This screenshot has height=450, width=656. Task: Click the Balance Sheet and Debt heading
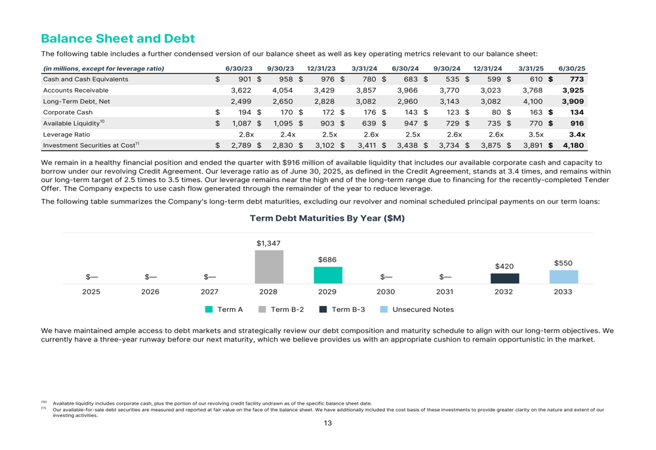pos(117,39)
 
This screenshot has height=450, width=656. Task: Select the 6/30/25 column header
pos(571,68)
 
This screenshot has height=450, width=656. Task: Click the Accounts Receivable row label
pos(75,90)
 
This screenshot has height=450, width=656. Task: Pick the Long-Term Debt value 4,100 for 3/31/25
pos(533,101)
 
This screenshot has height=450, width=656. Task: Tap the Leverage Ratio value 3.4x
pos(577,134)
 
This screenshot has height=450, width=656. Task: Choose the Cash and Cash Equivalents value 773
pos(577,79)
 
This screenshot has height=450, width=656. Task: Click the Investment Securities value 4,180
pos(573,145)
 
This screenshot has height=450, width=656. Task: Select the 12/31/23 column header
pos(321,68)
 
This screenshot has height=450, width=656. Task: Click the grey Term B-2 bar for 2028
pos(269,267)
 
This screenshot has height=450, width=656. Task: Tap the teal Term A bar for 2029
pos(327,275)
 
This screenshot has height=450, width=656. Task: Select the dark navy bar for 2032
pos(504,279)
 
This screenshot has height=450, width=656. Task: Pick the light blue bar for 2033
pos(563,277)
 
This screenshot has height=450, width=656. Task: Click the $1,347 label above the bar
pos(268,244)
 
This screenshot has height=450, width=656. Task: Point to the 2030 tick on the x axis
pos(386,292)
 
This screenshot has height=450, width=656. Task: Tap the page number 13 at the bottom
pos(327,423)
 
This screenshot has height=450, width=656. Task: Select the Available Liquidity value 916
pos(577,124)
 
